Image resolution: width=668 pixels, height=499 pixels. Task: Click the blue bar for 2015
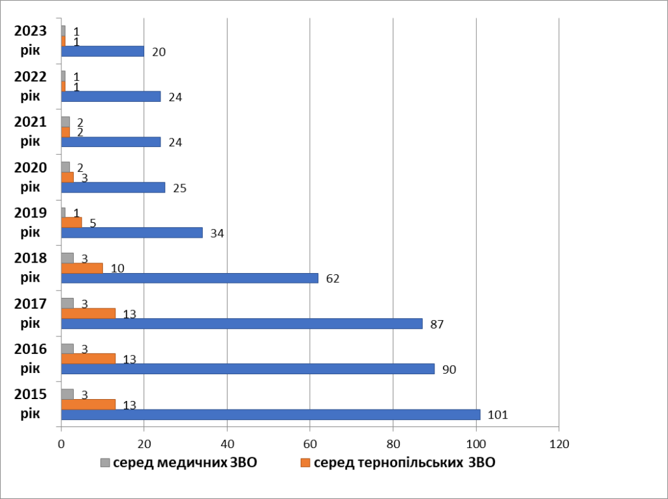click(270, 415)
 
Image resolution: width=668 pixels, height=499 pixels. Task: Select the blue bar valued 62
click(189, 278)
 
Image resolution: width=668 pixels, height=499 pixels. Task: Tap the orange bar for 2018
click(82, 268)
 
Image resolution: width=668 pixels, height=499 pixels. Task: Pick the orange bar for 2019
click(71, 222)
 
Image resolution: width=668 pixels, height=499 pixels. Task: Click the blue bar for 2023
click(102, 52)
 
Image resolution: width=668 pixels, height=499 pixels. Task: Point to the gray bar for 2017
click(67, 302)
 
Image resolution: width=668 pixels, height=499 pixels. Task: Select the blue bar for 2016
click(247, 369)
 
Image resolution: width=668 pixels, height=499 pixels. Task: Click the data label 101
click(497, 415)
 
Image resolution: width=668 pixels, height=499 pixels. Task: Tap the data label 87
click(437, 324)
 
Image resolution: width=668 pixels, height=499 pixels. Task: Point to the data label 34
click(218, 233)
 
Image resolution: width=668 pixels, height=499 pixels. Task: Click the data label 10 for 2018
click(118, 268)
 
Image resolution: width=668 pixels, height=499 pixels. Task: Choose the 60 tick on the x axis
click(310, 444)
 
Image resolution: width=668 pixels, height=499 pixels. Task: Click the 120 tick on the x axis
click(559, 444)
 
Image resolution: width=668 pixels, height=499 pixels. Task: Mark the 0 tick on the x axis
click(61, 444)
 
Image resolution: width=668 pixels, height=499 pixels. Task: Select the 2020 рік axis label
click(30, 177)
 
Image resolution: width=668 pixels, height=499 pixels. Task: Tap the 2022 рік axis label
click(30, 86)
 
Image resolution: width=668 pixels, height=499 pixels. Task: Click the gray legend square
click(104, 463)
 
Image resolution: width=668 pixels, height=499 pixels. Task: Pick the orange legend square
click(305, 463)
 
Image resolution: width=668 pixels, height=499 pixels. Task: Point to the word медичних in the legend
click(190, 463)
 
